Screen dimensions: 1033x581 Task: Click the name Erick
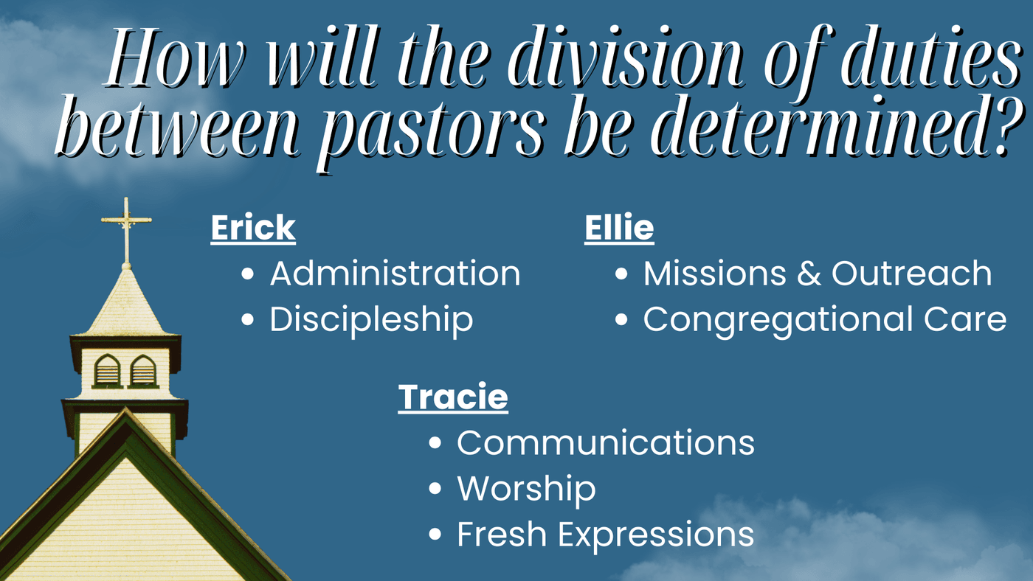point(253,228)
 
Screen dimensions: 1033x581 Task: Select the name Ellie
point(619,228)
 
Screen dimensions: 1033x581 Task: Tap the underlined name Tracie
point(453,397)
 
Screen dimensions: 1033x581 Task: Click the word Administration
point(395,274)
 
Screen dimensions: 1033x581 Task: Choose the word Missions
point(714,274)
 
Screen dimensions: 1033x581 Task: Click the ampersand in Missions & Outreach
point(809,274)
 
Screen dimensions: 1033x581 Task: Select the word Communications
point(606,443)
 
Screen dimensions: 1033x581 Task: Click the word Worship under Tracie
point(527,489)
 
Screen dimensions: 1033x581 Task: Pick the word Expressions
point(656,535)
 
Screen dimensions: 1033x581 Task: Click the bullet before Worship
point(435,488)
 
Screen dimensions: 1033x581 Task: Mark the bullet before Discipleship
point(248,319)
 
